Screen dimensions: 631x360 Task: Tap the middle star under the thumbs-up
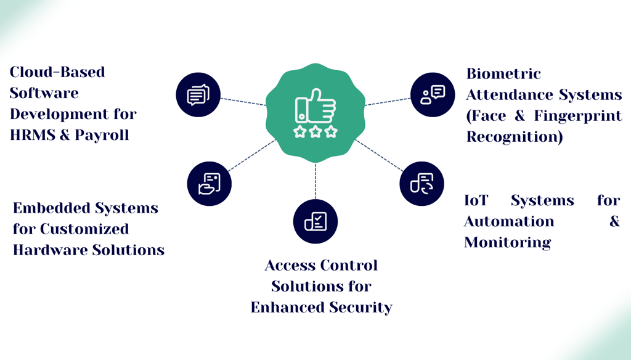point(315,131)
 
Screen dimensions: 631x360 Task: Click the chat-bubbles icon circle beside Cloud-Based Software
point(198,95)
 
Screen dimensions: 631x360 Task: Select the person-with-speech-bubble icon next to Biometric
point(433,94)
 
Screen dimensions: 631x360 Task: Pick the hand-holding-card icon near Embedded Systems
point(210,184)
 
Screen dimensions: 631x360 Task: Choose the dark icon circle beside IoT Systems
point(422,183)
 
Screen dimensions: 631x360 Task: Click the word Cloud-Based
point(57,72)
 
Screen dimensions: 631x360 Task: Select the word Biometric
point(503,74)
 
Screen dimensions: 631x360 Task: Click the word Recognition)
point(515,137)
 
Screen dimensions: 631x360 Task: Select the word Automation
point(509,222)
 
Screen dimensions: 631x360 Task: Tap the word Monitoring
point(507,243)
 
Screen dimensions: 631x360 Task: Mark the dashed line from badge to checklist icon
point(315,181)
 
